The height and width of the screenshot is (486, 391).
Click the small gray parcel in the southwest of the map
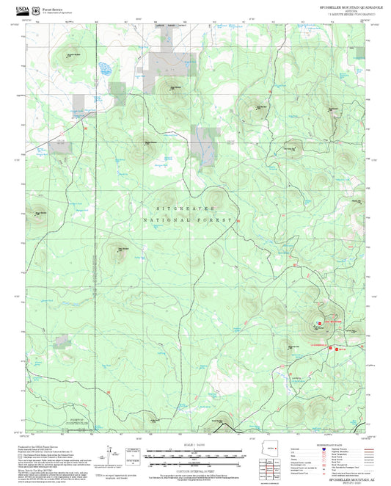[x=62, y=339]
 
